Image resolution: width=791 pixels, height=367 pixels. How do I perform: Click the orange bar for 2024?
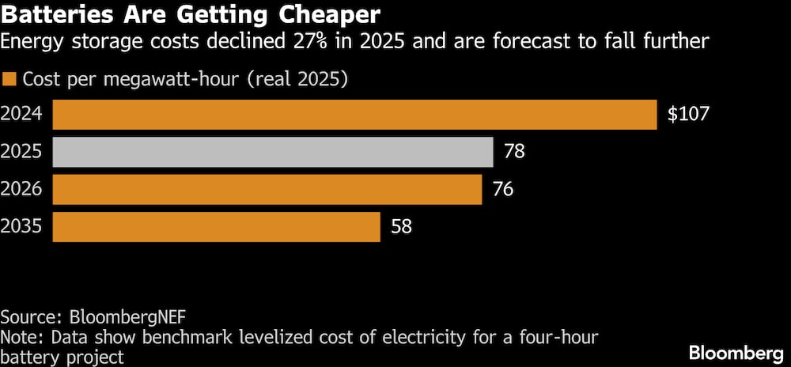coord(354,114)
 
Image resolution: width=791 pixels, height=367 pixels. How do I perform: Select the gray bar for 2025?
coord(273,151)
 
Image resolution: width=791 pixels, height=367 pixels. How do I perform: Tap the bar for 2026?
coord(267,189)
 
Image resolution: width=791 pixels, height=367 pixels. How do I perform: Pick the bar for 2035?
coord(216,227)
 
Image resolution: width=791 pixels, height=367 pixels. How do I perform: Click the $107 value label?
coord(688,114)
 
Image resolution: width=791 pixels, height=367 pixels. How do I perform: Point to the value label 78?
coord(514,151)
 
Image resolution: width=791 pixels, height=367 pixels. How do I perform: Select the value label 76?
coord(503,189)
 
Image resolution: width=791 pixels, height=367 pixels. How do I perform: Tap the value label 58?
coord(401,227)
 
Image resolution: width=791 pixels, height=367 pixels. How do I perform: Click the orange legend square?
coord(9,80)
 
